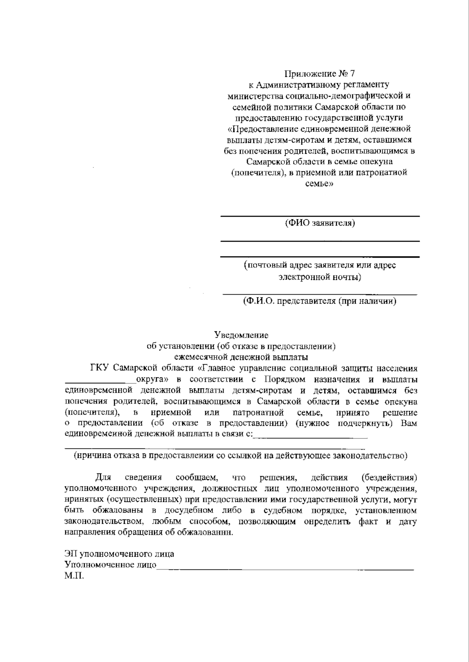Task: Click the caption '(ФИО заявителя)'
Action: coord(320,223)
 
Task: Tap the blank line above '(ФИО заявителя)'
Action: coord(320,216)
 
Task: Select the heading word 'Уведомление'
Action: coord(241,335)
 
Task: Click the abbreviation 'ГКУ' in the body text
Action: coord(99,368)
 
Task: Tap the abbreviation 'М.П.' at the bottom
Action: coord(74,576)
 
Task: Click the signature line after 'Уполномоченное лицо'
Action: coord(285,569)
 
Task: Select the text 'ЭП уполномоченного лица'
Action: coord(119,554)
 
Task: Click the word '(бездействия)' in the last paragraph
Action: coord(389,477)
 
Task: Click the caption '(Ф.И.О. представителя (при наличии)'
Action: coord(320,301)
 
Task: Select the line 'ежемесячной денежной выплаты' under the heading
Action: coord(241,357)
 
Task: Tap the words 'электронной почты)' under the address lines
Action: coord(320,277)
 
